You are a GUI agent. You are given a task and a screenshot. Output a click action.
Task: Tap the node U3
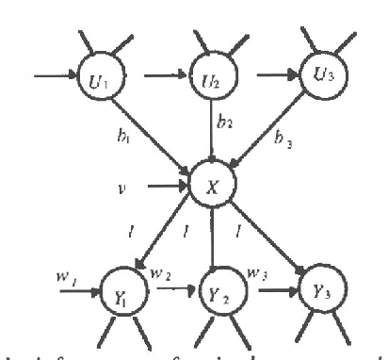tap(325, 73)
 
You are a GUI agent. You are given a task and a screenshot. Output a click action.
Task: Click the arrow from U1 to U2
tap(160, 69)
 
